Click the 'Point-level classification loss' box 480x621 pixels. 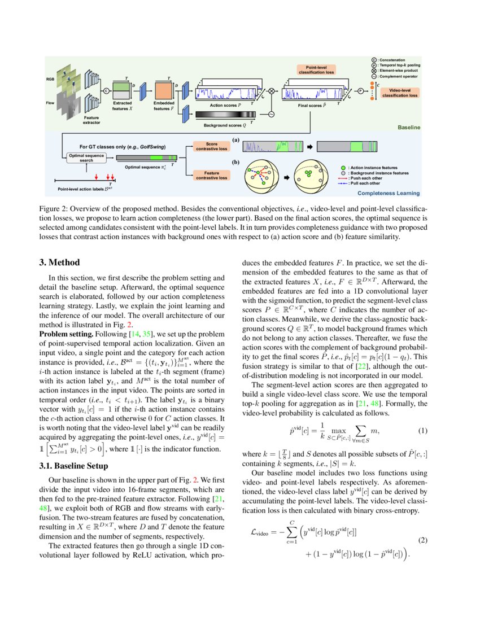[316, 70]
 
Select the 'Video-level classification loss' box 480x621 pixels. [400, 93]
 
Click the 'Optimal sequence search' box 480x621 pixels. [86, 157]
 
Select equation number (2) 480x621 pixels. [423, 540]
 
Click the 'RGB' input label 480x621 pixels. [50, 80]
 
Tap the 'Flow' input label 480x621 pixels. [50, 103]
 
